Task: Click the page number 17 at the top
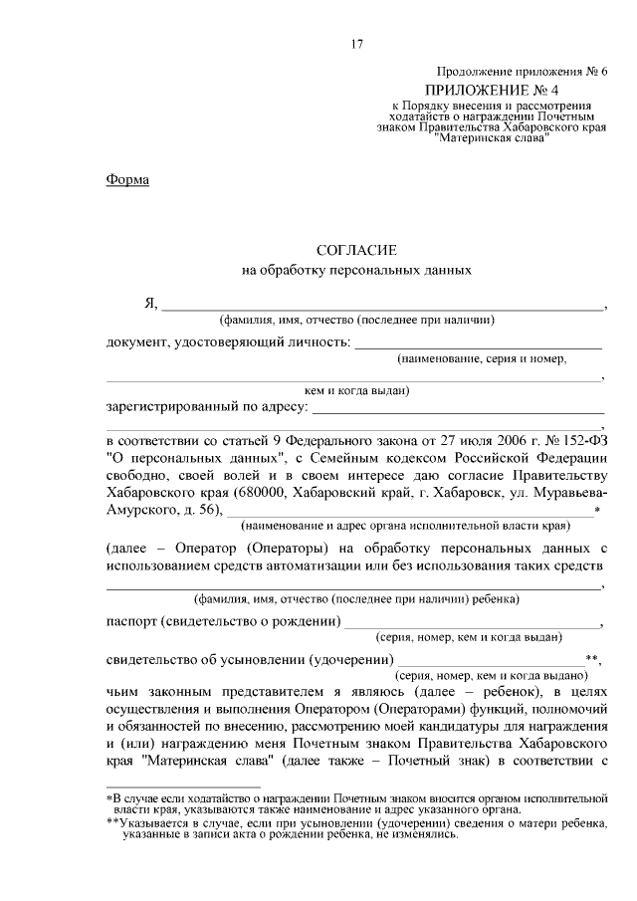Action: click(357, 44)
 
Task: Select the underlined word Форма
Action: click(127, 180)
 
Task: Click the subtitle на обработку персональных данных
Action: click(356, 270)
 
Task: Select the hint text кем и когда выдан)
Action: click(356, 391)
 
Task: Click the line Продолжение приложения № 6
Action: click(520, 71)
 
